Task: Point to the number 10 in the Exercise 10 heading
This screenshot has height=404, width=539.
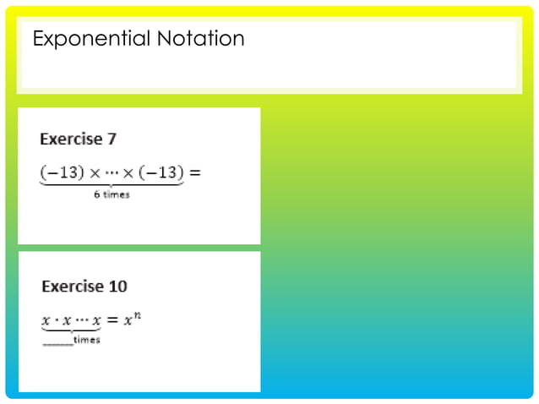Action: (117, 287)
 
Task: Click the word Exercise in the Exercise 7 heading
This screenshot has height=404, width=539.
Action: (70, 139)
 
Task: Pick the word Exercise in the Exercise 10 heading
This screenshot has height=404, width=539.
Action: (73, 287)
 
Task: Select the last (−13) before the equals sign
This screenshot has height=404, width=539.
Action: (162, 173)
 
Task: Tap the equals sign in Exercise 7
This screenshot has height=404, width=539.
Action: (195, 173)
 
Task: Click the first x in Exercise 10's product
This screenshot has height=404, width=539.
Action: (46, 321)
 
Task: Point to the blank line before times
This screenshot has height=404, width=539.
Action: (57, 342)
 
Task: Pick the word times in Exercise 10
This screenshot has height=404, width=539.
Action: (87, 340)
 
